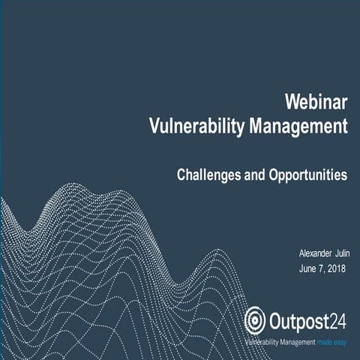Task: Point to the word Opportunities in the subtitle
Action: click(307, 175)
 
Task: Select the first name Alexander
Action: click(315, 254)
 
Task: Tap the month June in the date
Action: click(308, 268)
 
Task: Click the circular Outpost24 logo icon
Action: click(256, 320)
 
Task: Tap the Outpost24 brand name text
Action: click(308, 319)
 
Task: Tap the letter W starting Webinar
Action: click(292, 100)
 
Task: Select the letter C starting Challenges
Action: click(181, 175)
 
